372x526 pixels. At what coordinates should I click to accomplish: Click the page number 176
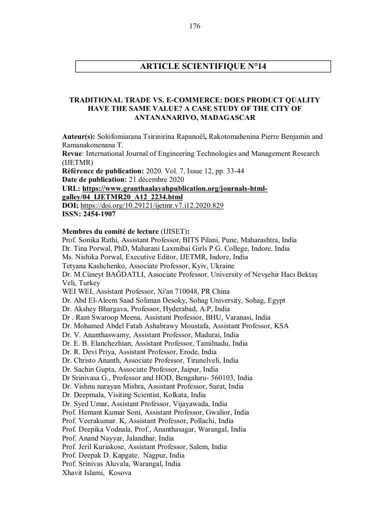pos(195,26)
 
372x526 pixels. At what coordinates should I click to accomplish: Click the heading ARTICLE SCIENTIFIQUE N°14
pos(203,66)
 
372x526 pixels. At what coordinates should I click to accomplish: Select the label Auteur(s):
pos(78,136)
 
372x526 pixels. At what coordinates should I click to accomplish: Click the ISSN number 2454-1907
pos(99,214)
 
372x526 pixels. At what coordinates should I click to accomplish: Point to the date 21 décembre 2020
pos(156,179)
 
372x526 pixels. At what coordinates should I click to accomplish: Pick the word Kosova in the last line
pos(120,472)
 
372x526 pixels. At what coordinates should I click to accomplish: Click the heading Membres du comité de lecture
pos(110,231)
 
